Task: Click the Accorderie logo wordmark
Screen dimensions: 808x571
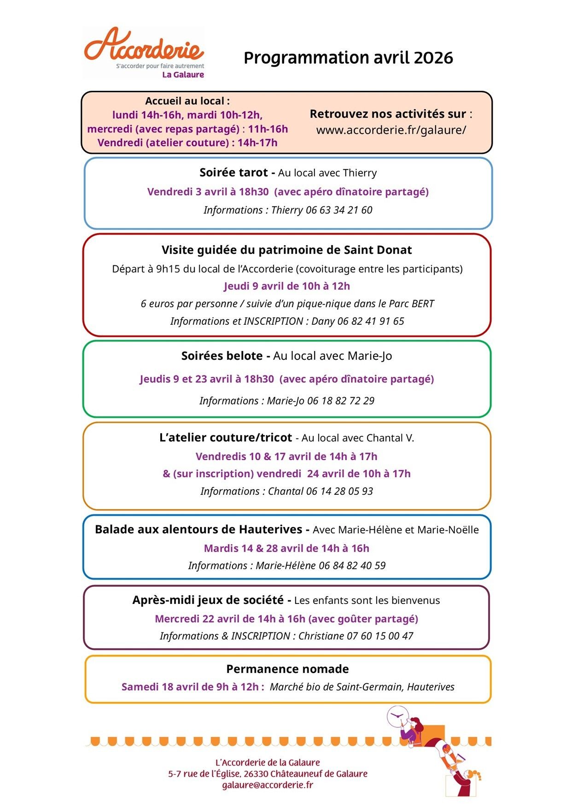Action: pos(144,45)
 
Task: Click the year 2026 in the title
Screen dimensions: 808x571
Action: pos(433,58)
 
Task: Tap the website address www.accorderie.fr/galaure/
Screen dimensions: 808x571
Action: pos(391,130)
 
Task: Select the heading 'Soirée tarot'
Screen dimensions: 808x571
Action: pos(233,173)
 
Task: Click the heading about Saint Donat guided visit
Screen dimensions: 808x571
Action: pos(286,250)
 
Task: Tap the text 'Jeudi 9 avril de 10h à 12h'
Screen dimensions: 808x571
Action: pos(286,286)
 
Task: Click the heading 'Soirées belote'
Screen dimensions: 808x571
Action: pos(222,356)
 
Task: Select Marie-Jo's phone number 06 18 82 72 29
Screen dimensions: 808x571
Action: pos(341,401)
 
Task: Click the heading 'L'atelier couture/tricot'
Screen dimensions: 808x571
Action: pos(226,438)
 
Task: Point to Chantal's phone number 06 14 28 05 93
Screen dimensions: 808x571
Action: pos(339,492)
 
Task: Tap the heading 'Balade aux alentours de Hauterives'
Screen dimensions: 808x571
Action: pos(198,530)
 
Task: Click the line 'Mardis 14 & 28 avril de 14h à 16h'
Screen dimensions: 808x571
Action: pos(286,548)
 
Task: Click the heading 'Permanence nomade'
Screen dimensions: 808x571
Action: pos(287,669)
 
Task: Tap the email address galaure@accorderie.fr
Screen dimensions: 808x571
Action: pos(268,785)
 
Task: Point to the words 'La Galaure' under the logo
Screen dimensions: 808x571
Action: pos(183,75)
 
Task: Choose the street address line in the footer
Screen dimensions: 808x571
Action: pos(268,774)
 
